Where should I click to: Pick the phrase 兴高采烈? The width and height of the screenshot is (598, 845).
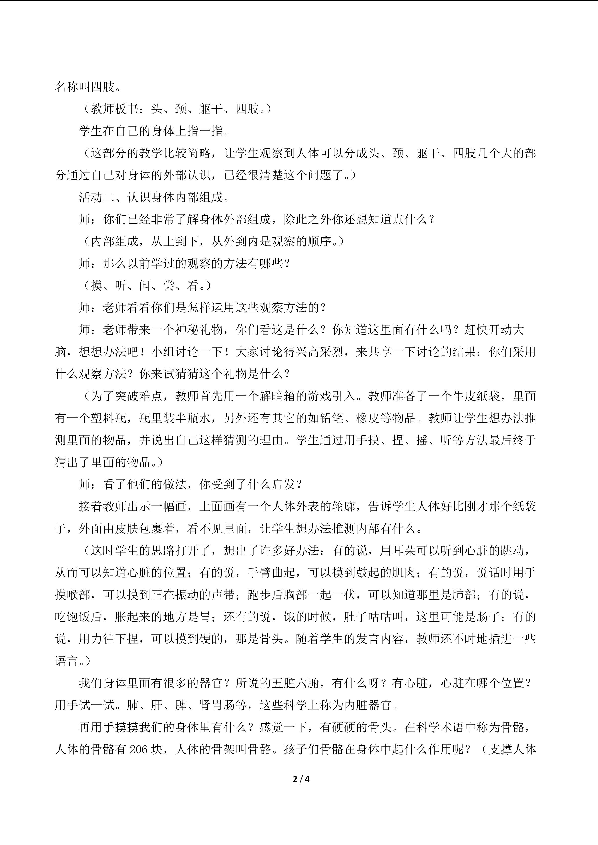[320, 352]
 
